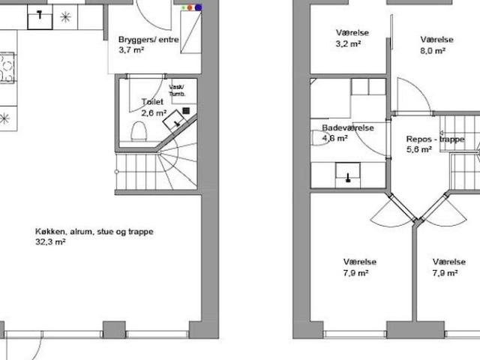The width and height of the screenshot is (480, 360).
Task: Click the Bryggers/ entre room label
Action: click(148, 40)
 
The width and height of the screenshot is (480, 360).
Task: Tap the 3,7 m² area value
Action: click(131, 49)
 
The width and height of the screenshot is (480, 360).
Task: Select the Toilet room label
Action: click(152, 102)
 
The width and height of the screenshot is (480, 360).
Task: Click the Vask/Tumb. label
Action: click(177, 91)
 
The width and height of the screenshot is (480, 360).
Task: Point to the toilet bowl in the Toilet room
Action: click(139, 131)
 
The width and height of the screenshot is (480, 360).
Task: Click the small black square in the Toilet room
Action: click(186, 110)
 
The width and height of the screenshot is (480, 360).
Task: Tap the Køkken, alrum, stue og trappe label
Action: click(94, 232)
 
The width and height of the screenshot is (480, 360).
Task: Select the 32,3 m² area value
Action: click(50, 241)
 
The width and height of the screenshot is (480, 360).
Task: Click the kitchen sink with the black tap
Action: click(40, 17)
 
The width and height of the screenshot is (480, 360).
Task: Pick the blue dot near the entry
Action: click(198, 7)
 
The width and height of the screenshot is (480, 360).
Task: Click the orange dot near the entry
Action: click(190, 7)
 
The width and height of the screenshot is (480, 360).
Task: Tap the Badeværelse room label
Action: click(348, 127)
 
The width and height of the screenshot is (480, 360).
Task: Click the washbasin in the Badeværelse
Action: click(348, 175)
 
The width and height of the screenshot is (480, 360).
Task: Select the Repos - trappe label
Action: click(435, 139)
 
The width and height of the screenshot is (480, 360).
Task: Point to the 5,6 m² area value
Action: click(419, 150)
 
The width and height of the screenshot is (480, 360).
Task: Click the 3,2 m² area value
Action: click(348, 43)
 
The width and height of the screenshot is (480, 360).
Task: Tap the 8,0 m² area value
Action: click(433, 51)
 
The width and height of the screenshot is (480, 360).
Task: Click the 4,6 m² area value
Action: click(335, 138)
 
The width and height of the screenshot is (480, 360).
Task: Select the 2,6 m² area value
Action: click(154, 113)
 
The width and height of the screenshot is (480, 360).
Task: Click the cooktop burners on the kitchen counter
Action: click(7, 68)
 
